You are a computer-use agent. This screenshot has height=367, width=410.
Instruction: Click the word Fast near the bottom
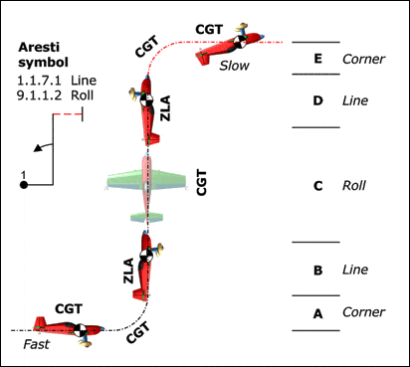(36, 344)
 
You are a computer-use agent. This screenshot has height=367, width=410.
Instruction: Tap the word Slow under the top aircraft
(234, 66)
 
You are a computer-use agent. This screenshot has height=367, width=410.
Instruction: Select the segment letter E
(317, 59)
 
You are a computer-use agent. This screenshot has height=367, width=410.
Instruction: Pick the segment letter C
(317, 186)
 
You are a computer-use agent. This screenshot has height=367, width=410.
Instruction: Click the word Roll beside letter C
(354, 185)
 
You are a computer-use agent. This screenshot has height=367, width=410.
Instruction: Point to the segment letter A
(317, 313)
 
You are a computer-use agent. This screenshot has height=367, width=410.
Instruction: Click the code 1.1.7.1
(39, 81)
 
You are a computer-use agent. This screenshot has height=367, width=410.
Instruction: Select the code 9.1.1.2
(39, 95)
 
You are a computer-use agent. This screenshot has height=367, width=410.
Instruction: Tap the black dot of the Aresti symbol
(24, 185)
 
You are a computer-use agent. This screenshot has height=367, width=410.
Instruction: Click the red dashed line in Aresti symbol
(68, 114)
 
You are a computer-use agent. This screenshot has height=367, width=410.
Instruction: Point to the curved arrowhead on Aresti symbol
(38, 148)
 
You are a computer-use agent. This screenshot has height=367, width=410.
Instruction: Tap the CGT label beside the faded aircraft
(201, 182)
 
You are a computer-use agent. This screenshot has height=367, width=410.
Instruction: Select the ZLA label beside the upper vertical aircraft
(165, 108)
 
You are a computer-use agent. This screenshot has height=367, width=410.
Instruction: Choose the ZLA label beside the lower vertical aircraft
(128, 271)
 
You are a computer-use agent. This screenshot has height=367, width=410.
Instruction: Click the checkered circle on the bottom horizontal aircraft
(80, 330)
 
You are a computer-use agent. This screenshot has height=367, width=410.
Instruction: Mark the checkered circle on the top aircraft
(239, 42)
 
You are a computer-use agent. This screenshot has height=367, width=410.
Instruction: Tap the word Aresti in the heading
(39, 48)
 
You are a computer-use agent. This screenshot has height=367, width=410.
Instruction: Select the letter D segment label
(317, 100)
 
